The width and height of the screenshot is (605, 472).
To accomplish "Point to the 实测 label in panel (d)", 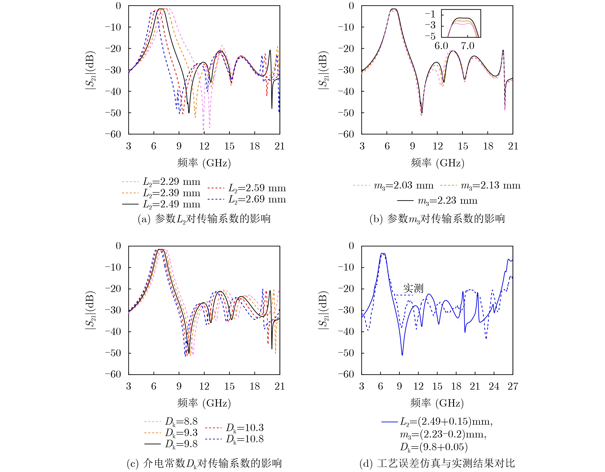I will pyautogui.click(x=413, y=288).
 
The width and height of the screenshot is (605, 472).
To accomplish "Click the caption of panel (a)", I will pyautogui.click(x=204, y=219).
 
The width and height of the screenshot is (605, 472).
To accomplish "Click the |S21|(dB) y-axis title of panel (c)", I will pyautogui.click(x=90, y=310).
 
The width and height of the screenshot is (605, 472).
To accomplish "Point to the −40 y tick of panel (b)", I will pyautogui.click(x=346, y=91).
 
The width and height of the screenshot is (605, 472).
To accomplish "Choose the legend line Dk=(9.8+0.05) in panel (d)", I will pyautogui.click(x=434, y=447).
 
